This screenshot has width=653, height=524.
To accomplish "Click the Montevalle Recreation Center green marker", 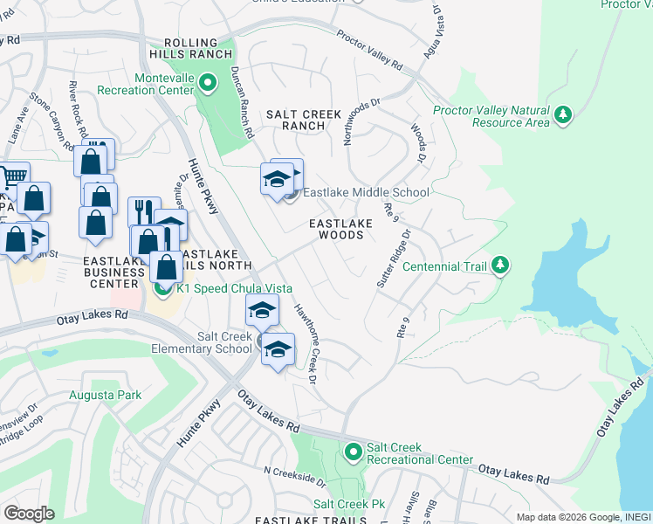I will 208,84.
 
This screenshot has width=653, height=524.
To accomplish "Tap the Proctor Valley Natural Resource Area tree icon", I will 564,114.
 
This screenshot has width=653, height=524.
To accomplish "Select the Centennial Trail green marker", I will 499,264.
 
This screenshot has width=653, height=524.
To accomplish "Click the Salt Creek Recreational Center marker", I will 354,452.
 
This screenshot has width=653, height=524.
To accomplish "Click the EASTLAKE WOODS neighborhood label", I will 340,229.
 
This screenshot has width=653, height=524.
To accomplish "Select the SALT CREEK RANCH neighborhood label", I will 296,120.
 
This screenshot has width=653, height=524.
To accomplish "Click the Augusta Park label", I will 105,396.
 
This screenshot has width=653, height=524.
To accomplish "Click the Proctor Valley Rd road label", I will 369,52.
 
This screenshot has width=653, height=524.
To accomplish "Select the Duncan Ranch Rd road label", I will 241,103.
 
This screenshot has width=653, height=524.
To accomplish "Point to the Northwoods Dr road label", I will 362,114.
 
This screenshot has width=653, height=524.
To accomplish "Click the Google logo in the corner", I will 29,514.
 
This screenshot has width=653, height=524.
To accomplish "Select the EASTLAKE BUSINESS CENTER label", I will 112,272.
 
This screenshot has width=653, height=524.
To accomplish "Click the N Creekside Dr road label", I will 295,476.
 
